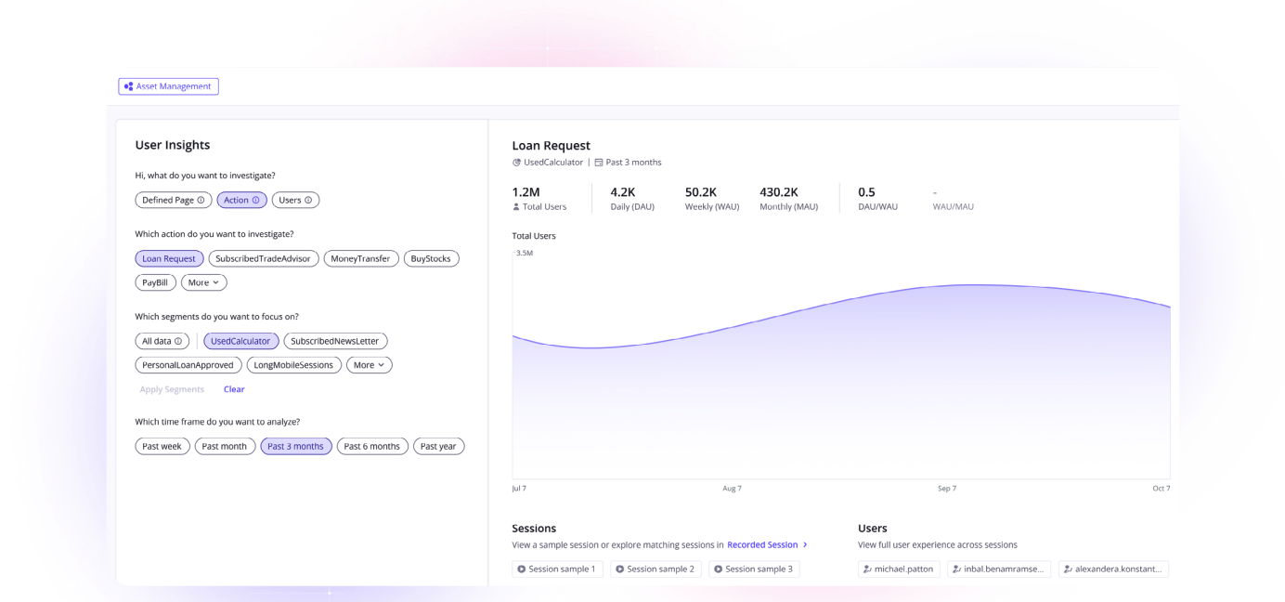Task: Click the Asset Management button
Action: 168,86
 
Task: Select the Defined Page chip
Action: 173,200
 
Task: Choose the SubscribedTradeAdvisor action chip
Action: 264,258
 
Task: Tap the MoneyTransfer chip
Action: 360,258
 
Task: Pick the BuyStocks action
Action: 431,258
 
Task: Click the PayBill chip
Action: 155,282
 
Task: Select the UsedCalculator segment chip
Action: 240,341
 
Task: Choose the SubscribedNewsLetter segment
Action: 335,341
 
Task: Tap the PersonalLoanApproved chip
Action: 188,365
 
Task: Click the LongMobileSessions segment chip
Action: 293,365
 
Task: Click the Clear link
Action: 234,389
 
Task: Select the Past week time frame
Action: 162,446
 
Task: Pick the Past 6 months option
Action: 371,446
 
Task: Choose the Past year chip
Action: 438,446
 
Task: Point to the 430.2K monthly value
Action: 778,192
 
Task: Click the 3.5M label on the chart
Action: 525,253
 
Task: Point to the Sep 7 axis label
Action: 946,488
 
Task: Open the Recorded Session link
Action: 763,544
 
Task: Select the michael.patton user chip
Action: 899,569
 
